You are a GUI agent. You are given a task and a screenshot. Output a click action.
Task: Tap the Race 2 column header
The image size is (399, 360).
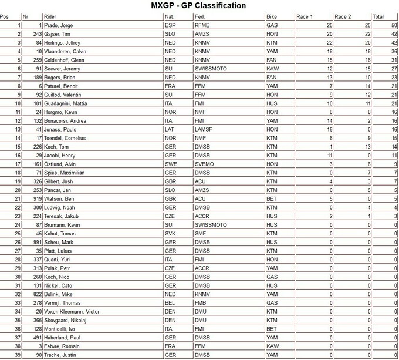(343, 16)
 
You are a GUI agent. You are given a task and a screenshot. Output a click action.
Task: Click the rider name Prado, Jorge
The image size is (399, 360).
(59, 26)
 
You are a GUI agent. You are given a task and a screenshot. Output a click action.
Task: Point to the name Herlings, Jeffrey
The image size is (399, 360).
(64, 43)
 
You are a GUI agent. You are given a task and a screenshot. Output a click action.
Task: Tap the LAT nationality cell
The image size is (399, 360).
(170, 129)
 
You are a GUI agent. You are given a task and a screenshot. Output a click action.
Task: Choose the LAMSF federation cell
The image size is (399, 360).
(203, 129)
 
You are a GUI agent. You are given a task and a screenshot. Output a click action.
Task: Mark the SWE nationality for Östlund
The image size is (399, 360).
(171, 164)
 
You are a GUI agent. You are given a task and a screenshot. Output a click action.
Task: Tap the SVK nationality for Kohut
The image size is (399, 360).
(170, 233)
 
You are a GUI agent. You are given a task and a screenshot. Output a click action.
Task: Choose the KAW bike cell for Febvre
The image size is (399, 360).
(272, 345)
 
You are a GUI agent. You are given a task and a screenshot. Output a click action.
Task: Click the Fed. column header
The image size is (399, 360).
(200, 16)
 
